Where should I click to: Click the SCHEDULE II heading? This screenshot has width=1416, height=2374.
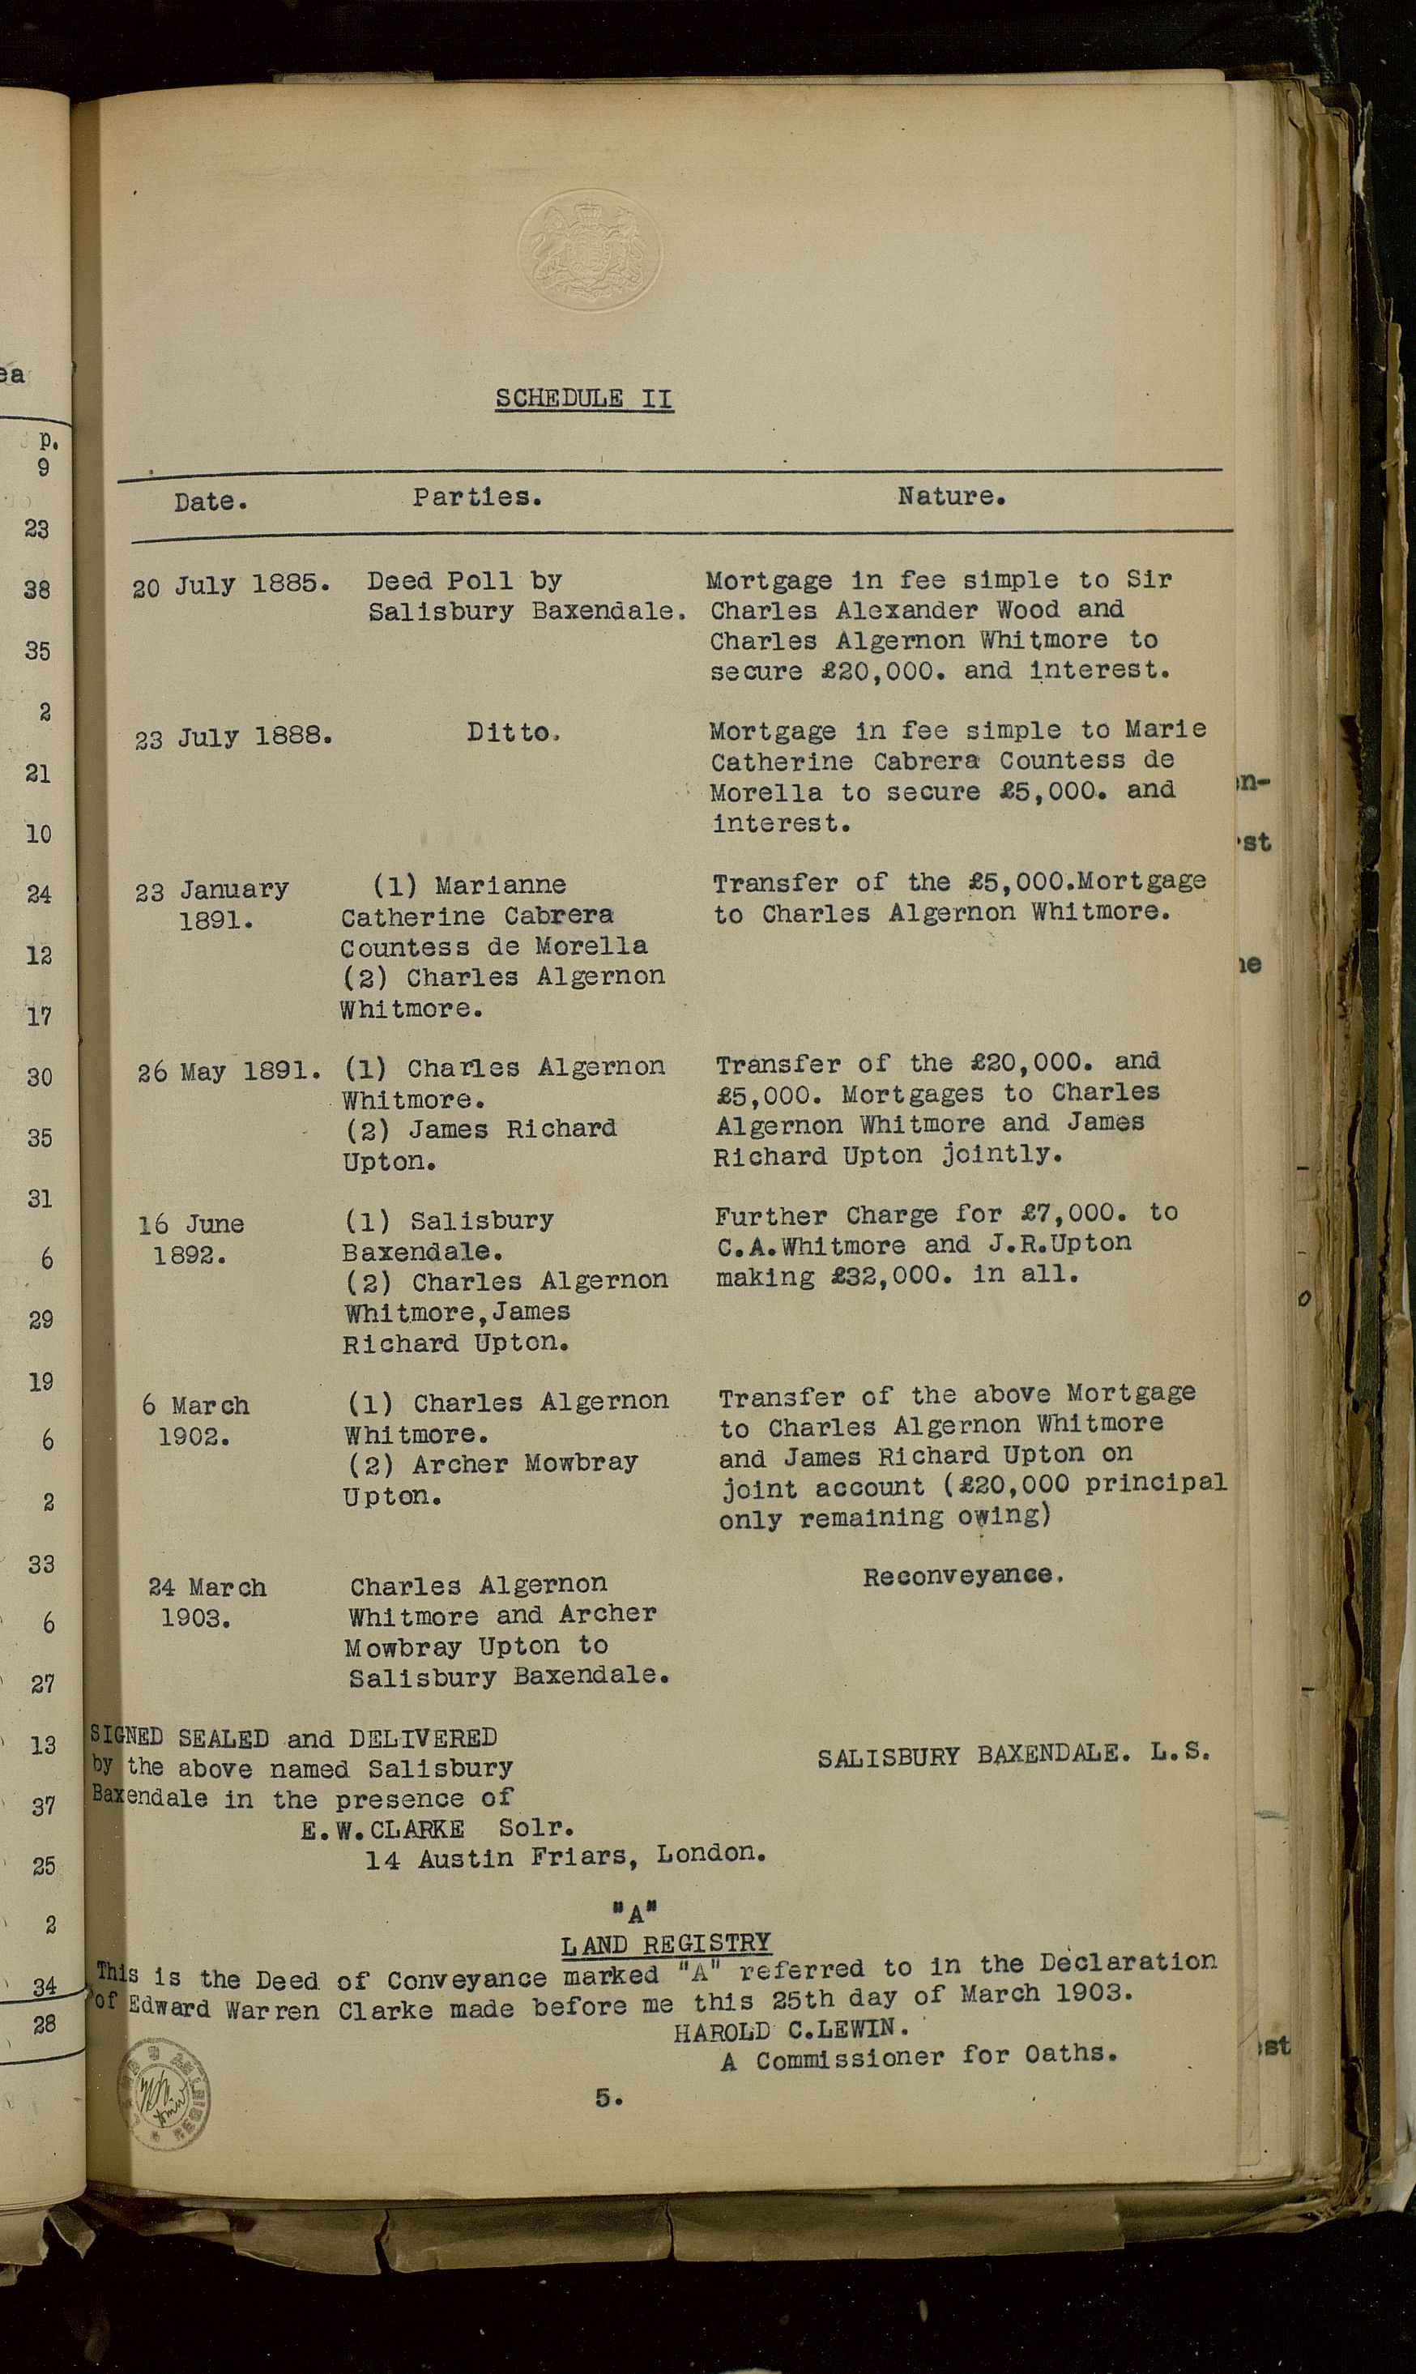[x=584, y=398]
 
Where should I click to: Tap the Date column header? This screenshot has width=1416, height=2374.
[x=210, y=501]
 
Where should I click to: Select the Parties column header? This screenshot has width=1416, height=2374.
[x=477, y=496]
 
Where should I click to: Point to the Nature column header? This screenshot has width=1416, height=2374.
[x=951, y=496]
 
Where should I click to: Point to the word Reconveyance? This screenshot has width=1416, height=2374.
[x=962, y=1575]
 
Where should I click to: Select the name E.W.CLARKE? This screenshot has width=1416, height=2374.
[x=382, y=1830]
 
